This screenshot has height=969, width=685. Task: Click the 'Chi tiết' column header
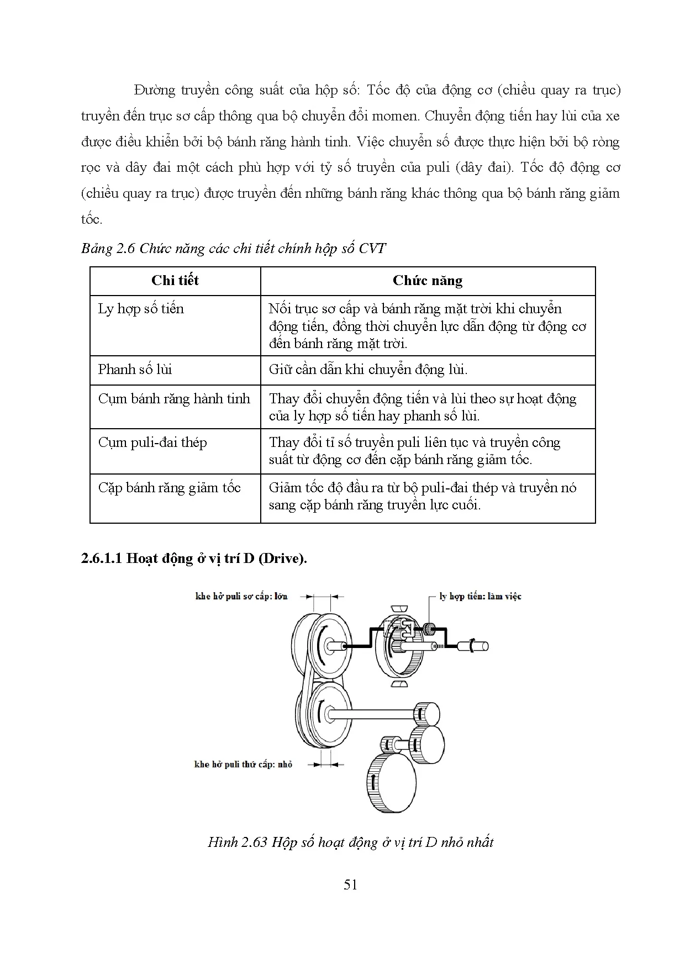(175, 281)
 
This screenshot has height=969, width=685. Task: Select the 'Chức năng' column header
(427, 281)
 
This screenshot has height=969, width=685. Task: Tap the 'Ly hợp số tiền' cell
(141, 309)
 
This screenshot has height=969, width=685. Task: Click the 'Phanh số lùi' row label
(135, 370)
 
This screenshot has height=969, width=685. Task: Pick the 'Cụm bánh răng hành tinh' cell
(174, 399)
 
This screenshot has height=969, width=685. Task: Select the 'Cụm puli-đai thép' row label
(152, 443)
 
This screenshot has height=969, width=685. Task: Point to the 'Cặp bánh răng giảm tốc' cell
(170, 488)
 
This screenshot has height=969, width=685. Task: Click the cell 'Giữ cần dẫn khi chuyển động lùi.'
(368, 370)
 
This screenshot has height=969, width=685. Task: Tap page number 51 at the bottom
(350, 884)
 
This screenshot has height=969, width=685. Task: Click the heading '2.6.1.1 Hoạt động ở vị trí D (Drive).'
(194, 558)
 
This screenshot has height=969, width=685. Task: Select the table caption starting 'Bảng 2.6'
(233, 248)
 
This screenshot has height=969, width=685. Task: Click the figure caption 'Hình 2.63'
(350, 842)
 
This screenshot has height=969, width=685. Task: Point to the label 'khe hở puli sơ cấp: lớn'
(241, 597)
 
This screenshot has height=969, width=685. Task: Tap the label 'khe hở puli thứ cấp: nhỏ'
(243, 765)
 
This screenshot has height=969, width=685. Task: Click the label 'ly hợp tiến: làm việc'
(480, 597)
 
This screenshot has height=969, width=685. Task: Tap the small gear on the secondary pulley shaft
(426, 713)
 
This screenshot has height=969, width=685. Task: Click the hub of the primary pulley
(330, 645)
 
